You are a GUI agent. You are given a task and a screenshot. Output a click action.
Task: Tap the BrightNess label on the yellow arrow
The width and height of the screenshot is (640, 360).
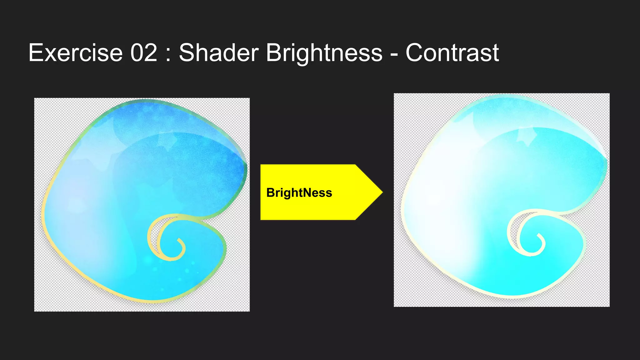pos(299,193)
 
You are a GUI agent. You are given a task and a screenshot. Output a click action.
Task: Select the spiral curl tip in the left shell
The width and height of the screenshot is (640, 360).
pos(179,240)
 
